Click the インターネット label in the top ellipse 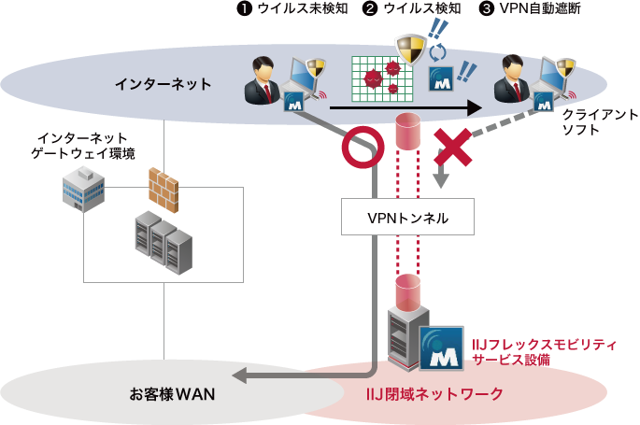163,84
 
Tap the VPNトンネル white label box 407,218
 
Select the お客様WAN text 172,393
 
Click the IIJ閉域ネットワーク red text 434,393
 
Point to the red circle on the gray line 362,147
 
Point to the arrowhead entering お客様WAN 240,375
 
